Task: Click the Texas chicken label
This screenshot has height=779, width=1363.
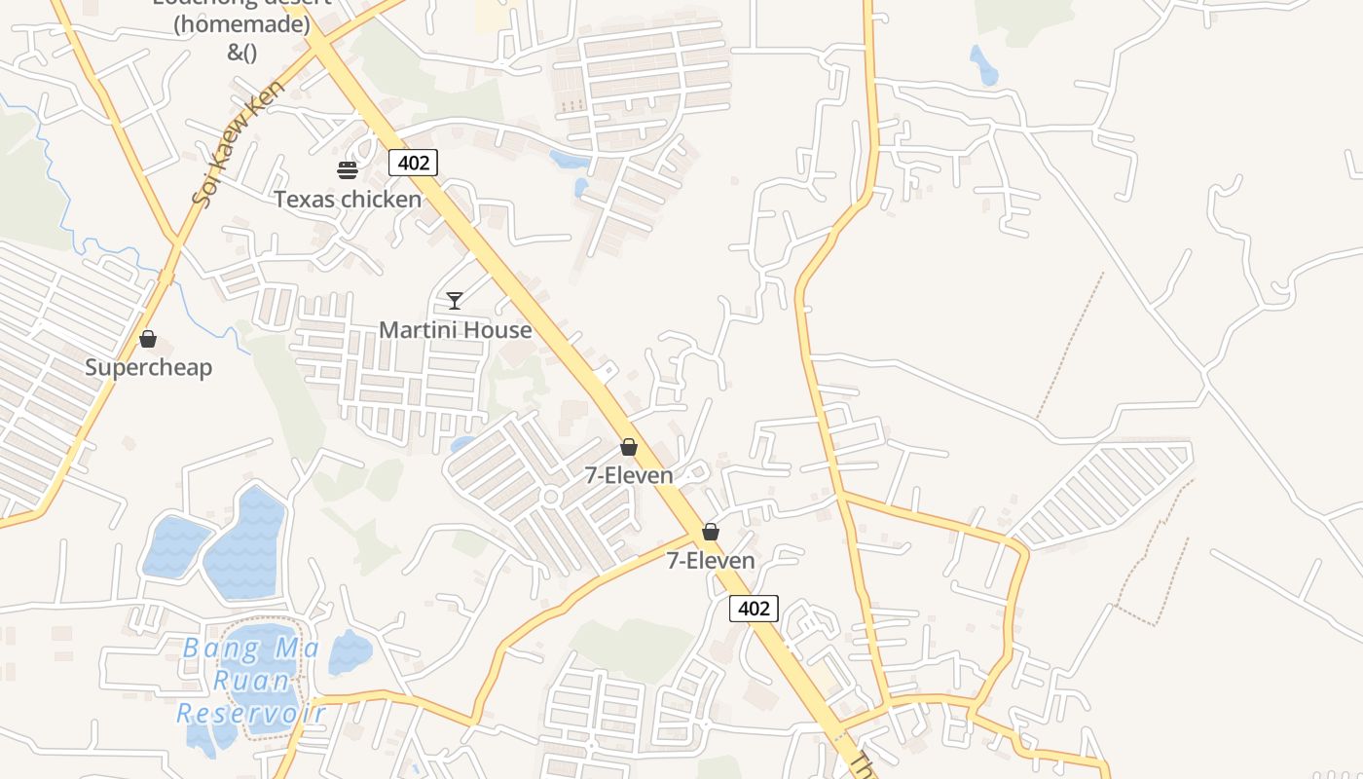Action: [348, 200]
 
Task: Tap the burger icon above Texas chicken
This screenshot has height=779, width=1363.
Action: [348, 170]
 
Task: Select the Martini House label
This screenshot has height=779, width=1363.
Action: [456, 330]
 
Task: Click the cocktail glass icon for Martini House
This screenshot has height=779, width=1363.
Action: [454, 300]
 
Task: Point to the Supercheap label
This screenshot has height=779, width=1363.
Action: [148, 368]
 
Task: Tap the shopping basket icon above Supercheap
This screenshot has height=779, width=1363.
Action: [148, 339]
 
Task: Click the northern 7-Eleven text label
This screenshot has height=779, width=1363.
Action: [629, 475]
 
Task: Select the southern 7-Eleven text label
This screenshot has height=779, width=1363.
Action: [711, 561]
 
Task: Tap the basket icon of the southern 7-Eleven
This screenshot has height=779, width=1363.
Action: [711, 532]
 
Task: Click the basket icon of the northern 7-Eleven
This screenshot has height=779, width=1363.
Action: [629, 447]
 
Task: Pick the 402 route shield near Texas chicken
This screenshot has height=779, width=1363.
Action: [413, 163]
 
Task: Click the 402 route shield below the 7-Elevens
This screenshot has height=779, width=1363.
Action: [754, 610]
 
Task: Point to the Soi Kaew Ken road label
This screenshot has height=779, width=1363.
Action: [238, 143]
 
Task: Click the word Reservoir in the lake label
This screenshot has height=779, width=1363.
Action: [251, 714]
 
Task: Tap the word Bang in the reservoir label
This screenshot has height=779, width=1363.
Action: [222, 648]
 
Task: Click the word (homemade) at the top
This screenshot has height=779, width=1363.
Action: [241, 25]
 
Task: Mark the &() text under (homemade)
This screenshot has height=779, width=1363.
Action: [241, 53]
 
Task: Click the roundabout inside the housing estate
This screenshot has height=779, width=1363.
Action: [551, 498]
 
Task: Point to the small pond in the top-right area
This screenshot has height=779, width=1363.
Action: [982, 65]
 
